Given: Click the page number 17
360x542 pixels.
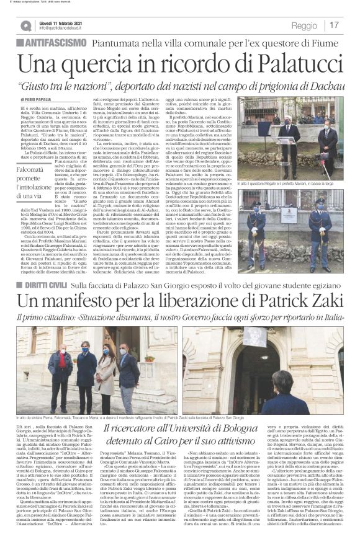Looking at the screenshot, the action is tap(335, 25).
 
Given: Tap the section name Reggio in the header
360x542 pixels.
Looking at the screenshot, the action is tap(304, 25).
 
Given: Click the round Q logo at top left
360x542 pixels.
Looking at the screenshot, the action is tap(25, 26).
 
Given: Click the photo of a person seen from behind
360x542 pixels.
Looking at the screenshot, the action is tap(286, 371).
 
